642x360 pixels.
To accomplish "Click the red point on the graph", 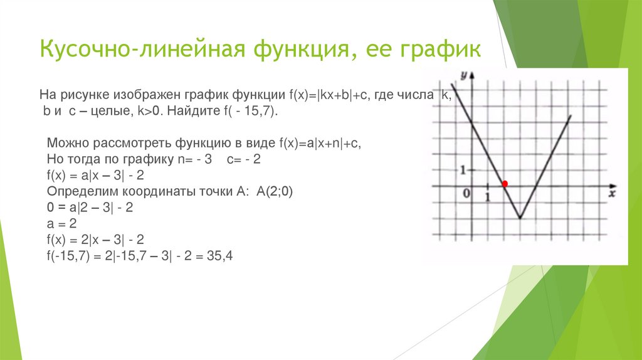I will point(505,183).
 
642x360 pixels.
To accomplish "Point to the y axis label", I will point(463,76).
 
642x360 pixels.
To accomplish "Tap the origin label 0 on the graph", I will point(466,194).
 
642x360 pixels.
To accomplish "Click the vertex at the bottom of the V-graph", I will point(520,218).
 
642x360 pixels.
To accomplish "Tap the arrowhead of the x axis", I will point(611,186).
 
